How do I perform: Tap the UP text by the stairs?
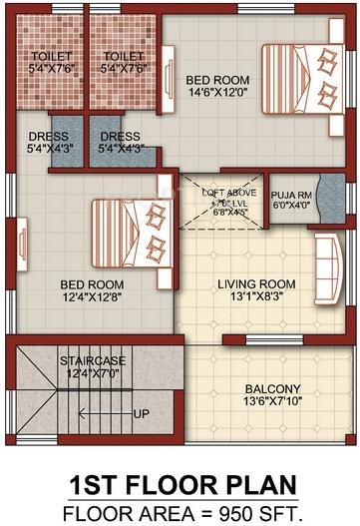click(x=142, y=413)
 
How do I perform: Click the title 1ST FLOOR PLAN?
click(x=180, y=485)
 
